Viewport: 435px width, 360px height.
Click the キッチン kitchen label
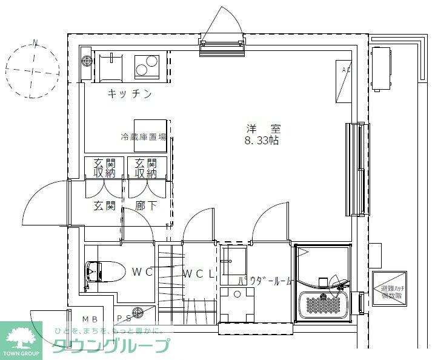(129, 94)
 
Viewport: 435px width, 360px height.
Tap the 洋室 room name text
(263, 128)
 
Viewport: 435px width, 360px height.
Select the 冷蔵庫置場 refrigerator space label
(144, 137)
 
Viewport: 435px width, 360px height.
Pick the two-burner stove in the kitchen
(146, 65)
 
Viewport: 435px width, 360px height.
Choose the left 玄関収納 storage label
(104, 168)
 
